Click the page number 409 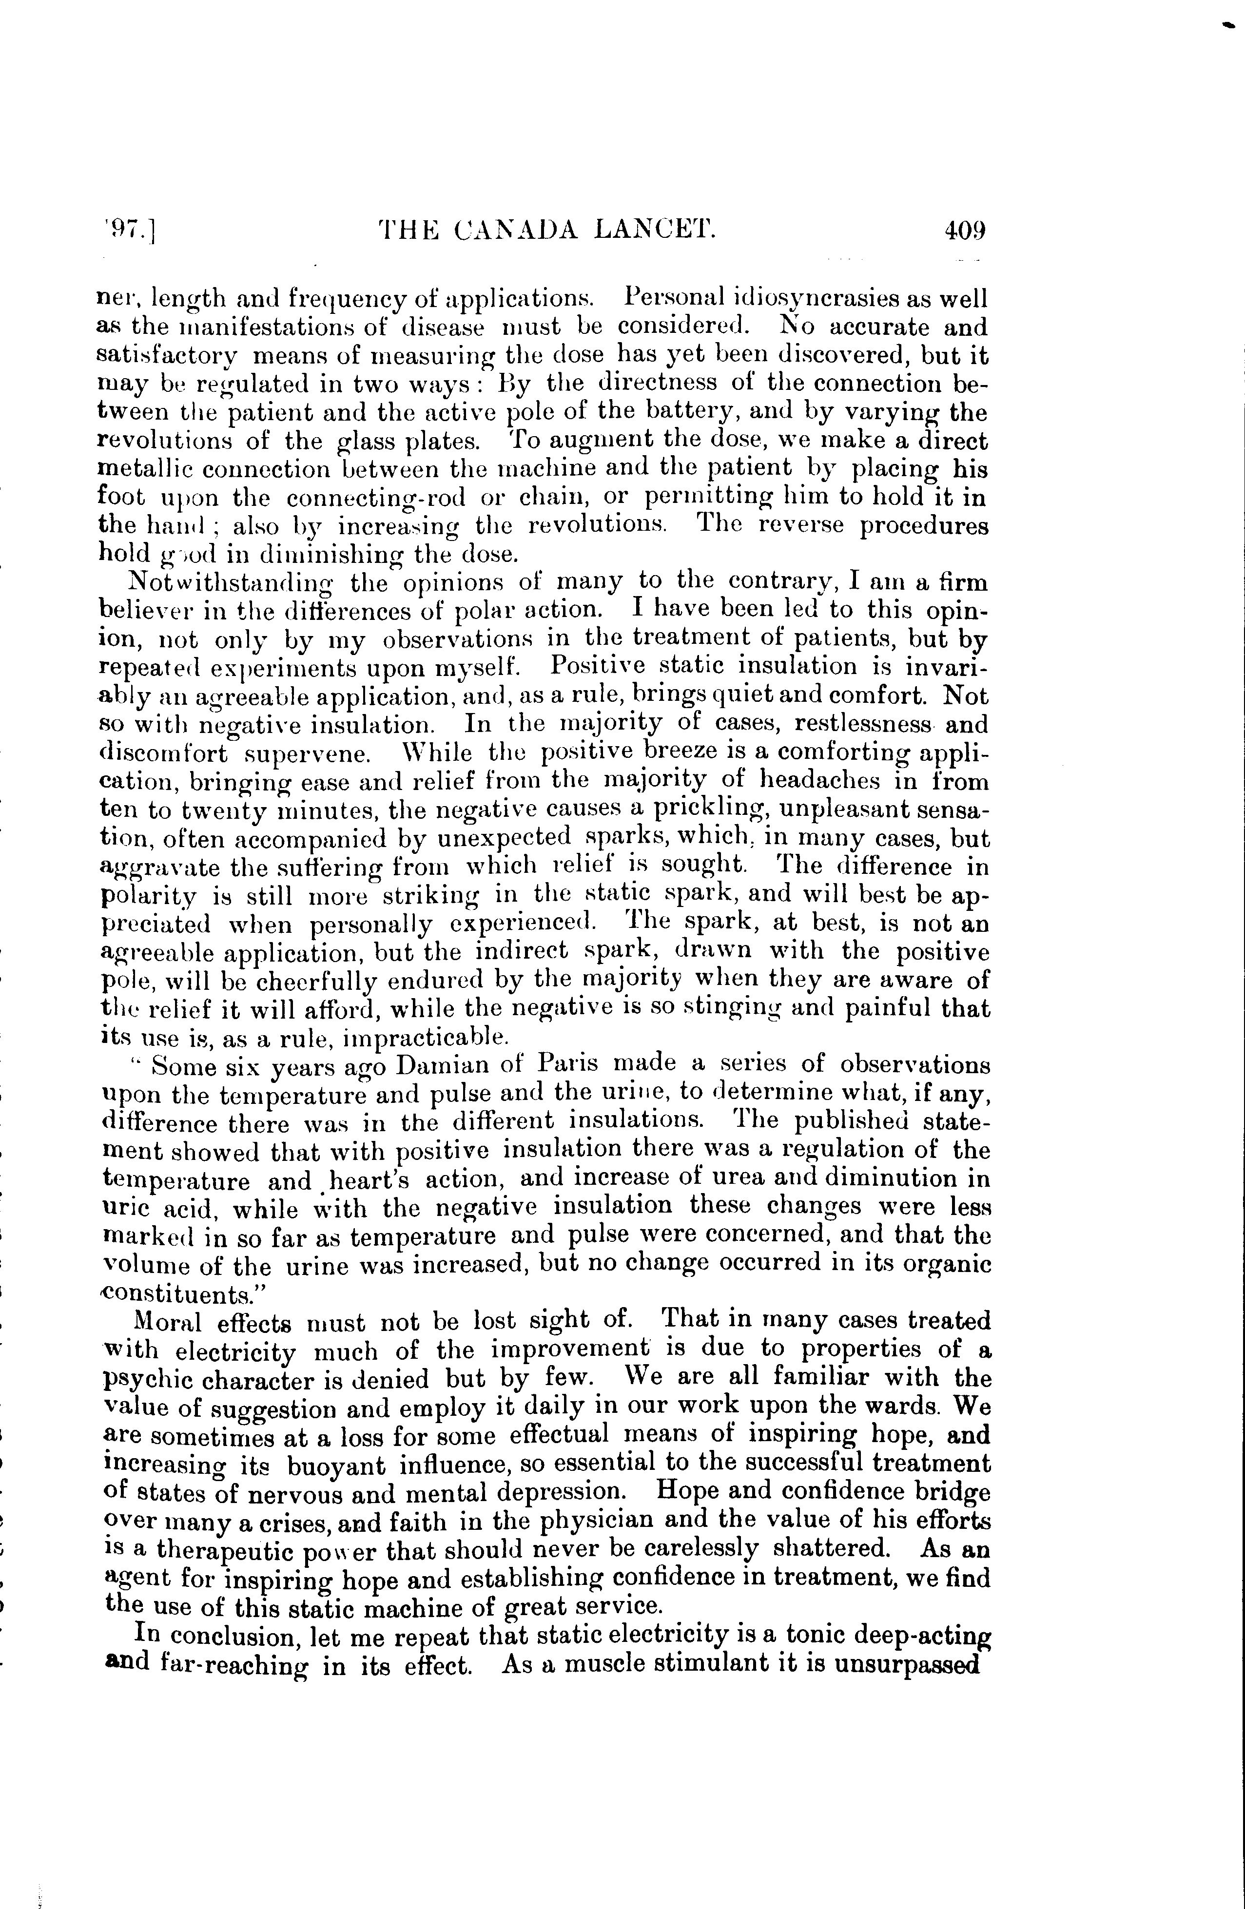point(964,231)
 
